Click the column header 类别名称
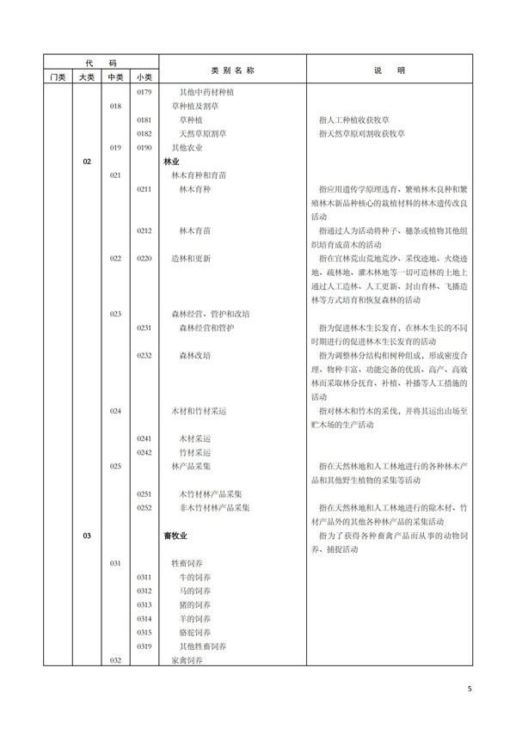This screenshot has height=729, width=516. click(227, 70)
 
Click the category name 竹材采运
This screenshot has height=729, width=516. click(193, 452)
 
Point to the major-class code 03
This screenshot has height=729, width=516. click(87, 536)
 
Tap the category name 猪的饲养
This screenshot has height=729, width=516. click(194, 605)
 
